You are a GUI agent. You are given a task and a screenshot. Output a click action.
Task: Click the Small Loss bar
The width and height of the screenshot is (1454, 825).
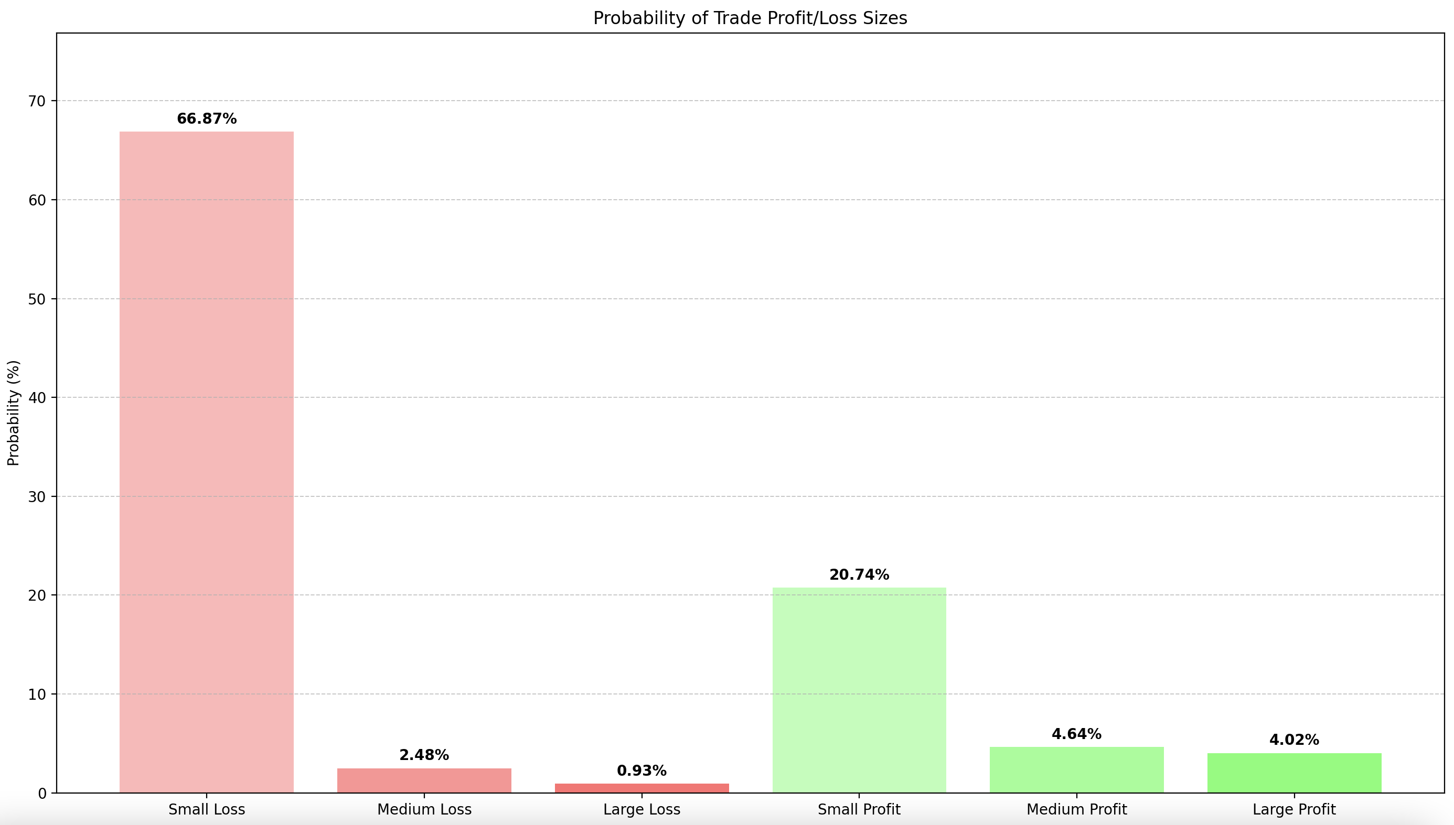pyautogui.click(x=206, y=462)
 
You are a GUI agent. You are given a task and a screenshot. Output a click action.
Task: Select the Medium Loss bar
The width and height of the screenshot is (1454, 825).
pyautogui.click(x=424, y=780)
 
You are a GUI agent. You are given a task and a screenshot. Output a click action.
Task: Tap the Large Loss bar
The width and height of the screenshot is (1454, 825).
pyautogui.click(x=642, y=788)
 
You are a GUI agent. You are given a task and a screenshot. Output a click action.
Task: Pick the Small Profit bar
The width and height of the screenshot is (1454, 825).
pyautogui.click(x=859, y=690)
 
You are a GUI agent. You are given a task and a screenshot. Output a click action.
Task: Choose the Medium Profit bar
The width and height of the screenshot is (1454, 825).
pyautogui.click(x=1076, y=769)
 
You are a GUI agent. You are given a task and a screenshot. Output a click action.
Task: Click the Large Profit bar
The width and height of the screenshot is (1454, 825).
pyautogui.click(x=1294, y=773)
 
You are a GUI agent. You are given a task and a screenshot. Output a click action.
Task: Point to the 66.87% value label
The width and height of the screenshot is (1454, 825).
pyautogui.click(x=206, y=119)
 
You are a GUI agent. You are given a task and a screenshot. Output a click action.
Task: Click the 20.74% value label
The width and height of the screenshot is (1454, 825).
pyautogui.click(x=859, y=574)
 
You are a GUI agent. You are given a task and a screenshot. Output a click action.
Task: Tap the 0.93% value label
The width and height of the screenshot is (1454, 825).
pyautogui.click(x=642, y=770)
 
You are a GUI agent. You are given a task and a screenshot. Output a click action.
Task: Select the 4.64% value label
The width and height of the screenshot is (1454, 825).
pyautogui.click(x=1076, y=734)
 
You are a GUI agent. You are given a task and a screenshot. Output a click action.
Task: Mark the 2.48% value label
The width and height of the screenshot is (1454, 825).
pyautogui.click(x=424, y=755)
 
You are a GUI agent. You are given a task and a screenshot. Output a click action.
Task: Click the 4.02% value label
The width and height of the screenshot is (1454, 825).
pyautogui.click(x=1294, y=740)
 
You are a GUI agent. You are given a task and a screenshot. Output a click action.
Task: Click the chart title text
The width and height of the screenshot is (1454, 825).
pyautogui.click(x=750, y=18)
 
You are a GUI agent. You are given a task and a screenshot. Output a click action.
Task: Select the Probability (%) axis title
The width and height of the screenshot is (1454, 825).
pyautogui.click(x=14, y=412)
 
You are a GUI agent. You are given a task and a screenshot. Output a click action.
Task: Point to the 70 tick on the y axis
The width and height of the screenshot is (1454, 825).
pyautogui.click(x=37, y=101)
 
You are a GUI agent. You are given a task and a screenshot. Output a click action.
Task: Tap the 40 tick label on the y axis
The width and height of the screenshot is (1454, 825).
pyautogui.click(x=37, y=397)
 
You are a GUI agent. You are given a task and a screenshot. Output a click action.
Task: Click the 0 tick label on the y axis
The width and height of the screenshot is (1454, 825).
pyautogui.click(x=42, y=793)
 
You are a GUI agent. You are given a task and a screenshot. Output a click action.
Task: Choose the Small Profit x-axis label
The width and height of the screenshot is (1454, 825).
pyautogui.click(x=859, y=809)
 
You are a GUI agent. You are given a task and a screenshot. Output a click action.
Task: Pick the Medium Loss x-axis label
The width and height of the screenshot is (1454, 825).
pyautogui.click(x=424, y=809)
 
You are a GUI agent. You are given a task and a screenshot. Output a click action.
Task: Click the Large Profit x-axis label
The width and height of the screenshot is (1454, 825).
pyautogui.click(x=1294, y=809)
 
